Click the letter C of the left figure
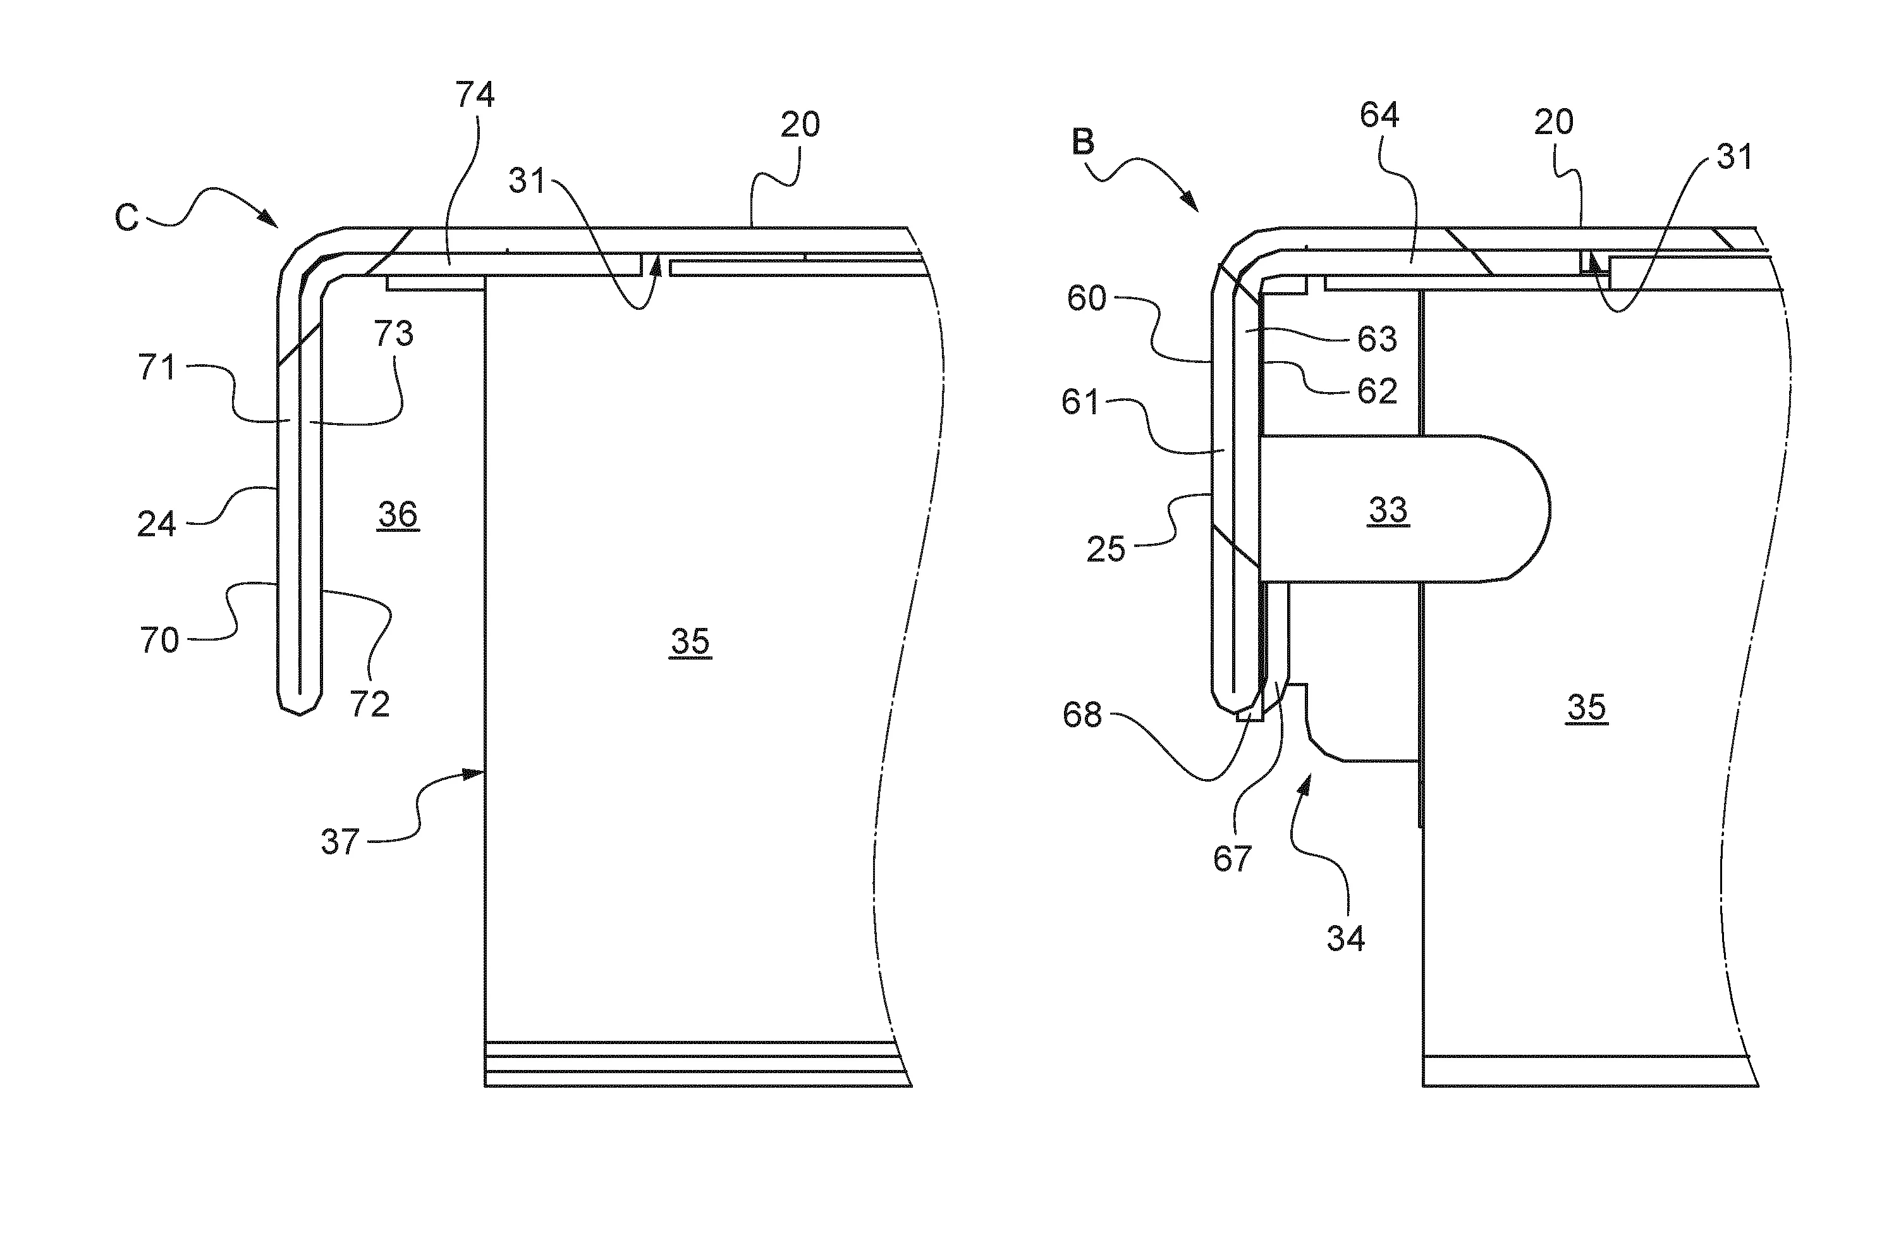tap(126, 218)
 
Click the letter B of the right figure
tap(1082, 142)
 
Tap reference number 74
tap(475, 95)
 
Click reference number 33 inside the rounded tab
tap(1388, 510)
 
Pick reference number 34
tap(1345, 938)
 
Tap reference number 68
tap(1082, 714)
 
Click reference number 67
tap(1232, 859)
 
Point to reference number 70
tap(159, 641)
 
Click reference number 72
tap(369, 704)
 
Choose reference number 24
tap(156, 525)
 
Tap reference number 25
tap(1106, 550)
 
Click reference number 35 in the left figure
tap(690, 641)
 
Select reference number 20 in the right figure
tap(1554, 121)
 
